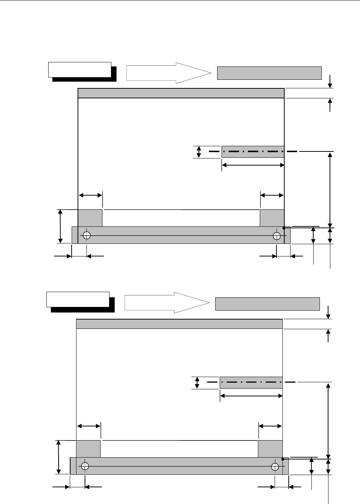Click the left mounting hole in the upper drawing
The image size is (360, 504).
pyautogui.click(x=87, y=235)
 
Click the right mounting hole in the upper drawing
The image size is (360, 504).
pyautogui.click(x=276, y=235)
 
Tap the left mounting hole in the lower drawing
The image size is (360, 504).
pyautogui.click(x=85, y=466)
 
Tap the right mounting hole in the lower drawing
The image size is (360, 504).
pyautogui.click(x=275, y=466)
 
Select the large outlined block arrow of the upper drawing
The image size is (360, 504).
pyautogui.click(x=168, y=73)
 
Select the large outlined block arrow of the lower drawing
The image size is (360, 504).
pyautogui.click(x=167, y=302)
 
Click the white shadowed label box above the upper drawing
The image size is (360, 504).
pyautogui.click(x=80, y=70)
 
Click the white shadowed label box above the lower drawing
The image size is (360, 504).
pyautogui.click(x=78, y=300)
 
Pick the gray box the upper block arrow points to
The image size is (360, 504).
pyautogui.click(x=269, y=73)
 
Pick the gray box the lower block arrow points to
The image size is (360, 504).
pyautogui.click(x=268, y=304)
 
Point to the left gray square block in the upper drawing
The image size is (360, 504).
pyautogui.click(x=90, y=218)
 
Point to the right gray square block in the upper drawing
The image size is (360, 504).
pyautogui.click(x=272, y=218)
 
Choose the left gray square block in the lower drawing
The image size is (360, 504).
pyautogui.click(x=88, y=449)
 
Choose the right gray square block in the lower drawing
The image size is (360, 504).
pyautogui.click(x=270, y=449)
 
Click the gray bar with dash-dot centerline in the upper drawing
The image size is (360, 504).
pyautogui.click(x=253, y=152)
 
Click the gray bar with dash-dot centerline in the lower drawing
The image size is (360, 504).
pyautogui.click(x=251, y=382)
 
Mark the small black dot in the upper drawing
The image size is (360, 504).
pyautogui.click(x=284, y=228)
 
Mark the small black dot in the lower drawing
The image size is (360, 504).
pyautogui.click(x=282, y=459)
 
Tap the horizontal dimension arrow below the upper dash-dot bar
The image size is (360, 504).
pyautogui.click(x=253, y=165)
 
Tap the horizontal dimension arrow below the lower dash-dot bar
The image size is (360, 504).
pyautogui.click(x=251, y=396)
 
